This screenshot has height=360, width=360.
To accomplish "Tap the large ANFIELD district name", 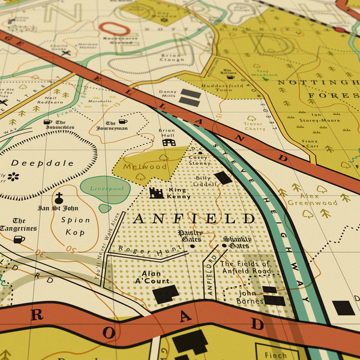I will pyautogui.click(x=194, y=218).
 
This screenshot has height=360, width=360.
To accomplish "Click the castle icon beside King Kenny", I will pyautogui.click(x=157, y=193).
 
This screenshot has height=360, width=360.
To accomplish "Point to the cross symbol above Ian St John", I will pyautogui.click(x=59, y=197).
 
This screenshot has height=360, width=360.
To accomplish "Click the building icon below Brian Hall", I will pyautogui.click(x=169, y=143).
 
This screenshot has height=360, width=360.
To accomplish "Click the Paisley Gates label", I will pyautogui.click(x=190, y=235).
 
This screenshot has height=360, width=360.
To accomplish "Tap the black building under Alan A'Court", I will pyautogui.click(x=166, y=294).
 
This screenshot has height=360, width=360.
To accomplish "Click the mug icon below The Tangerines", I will pyautogui.click(x=19, y=239).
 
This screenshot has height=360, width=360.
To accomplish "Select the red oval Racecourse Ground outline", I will pyautogui.click(x=115, y=28).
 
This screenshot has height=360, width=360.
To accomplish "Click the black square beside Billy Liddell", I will pyautogui.click(x=223, y=178).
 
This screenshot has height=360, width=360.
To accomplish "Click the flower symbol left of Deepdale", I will pyautogui.click(x=13, y=176).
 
